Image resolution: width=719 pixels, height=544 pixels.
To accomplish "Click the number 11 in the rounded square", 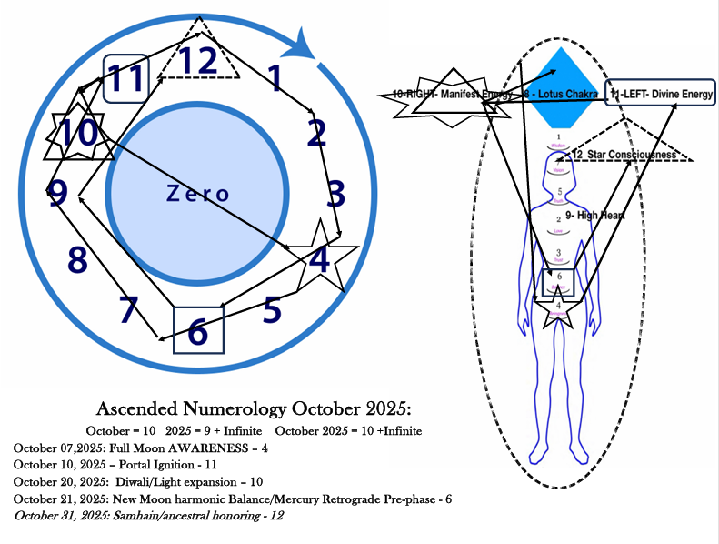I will [126, 78].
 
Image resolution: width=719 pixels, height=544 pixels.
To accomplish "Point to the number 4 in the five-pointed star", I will [319, 259].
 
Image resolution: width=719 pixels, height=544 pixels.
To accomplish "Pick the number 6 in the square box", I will [197, 333].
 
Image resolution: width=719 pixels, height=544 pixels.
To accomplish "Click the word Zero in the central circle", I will [197, 193].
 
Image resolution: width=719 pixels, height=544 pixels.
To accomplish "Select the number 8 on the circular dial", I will [77, 260].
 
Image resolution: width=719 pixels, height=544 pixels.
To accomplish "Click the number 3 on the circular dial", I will [336, 194].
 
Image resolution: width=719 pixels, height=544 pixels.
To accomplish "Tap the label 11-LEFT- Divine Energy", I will [662, 94].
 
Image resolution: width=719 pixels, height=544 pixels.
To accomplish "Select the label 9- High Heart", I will [598, 216].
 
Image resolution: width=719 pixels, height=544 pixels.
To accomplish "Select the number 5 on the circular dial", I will [272, 310].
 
